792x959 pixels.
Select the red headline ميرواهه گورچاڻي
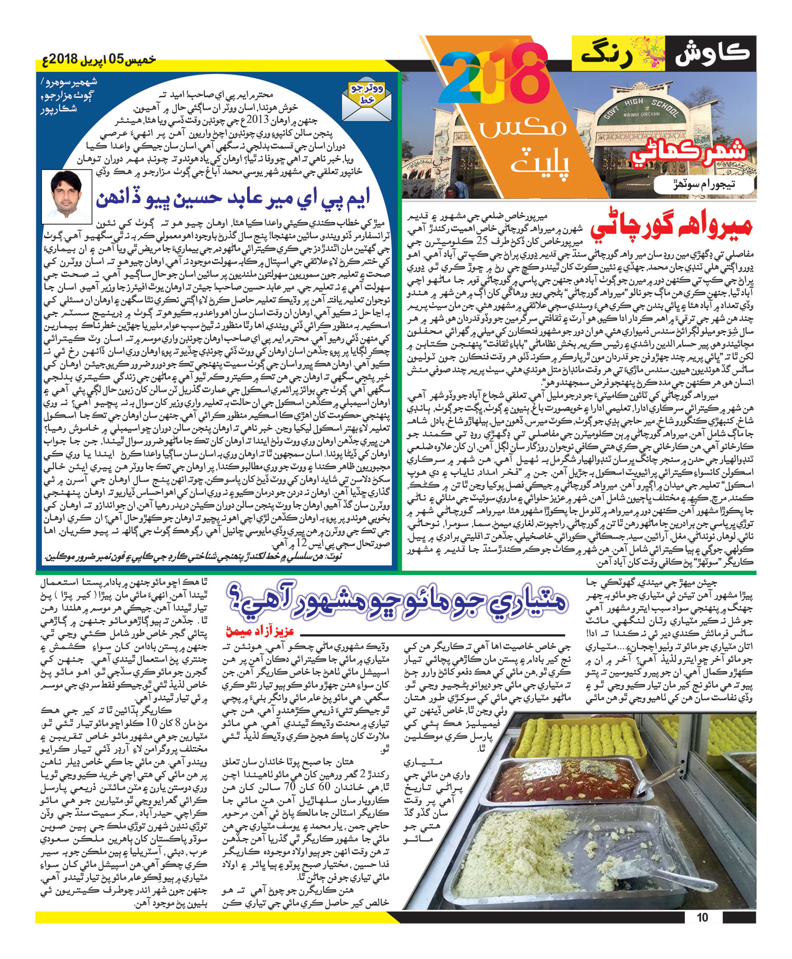coord(671,225)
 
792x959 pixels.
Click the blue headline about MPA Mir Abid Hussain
coord(232,199)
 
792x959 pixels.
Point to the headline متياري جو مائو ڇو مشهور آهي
coord(396,601)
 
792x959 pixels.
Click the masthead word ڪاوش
coord(713,53)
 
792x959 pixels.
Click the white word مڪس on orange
coord(523,127)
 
